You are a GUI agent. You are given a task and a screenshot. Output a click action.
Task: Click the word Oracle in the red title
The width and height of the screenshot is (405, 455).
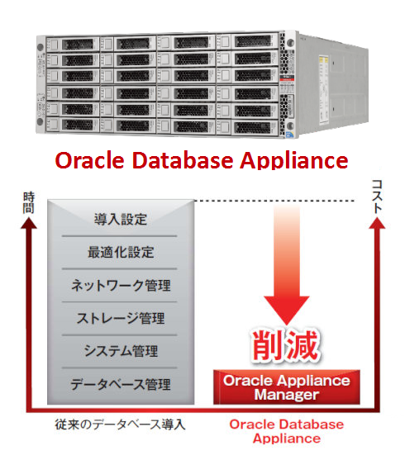pos(89,160)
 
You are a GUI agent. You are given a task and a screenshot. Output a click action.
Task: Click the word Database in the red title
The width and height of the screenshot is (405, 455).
pos(183,160)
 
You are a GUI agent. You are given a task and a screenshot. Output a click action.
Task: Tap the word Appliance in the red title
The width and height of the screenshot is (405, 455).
pos(294,161)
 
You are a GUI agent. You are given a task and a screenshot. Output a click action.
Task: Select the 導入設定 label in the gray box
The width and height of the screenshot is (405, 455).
pos(121,220)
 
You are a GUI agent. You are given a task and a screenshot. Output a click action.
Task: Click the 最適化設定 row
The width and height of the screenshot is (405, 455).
pos(121,252)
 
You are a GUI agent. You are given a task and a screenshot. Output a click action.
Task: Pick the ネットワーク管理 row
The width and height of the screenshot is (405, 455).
pos(121,285)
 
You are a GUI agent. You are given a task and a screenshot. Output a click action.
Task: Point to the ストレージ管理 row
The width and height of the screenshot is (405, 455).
pos(121,318)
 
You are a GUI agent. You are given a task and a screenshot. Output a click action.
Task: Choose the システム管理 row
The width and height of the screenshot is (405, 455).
pos(121,351)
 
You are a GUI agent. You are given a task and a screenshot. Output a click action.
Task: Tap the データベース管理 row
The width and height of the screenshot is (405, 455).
pos(121,385)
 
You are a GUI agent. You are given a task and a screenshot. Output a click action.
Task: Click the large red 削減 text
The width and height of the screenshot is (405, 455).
pos(285,346)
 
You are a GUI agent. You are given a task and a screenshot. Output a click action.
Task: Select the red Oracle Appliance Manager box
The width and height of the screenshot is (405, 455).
pos(287,387)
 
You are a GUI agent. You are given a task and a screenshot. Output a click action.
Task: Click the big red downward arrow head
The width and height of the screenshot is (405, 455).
pos(287,310)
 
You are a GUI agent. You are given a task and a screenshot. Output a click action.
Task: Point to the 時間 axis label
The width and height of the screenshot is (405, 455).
pos(28,203)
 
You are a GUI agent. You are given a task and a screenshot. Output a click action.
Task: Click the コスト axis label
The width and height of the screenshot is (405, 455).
pos(377,197)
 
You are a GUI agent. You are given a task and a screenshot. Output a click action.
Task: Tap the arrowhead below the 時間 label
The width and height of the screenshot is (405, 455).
pos(29,223)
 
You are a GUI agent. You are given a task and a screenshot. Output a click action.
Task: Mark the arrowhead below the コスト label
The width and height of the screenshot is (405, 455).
pos(377,223)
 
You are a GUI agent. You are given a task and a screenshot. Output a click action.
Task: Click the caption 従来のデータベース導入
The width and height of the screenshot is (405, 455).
pos(121,424)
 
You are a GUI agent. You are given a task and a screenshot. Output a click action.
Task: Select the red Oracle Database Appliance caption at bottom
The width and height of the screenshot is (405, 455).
pos(287,431)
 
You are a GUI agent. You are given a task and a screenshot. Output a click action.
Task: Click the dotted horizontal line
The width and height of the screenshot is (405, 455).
pos(274,201)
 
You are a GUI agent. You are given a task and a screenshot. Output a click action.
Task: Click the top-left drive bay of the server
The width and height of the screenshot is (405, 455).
pos(73,45)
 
